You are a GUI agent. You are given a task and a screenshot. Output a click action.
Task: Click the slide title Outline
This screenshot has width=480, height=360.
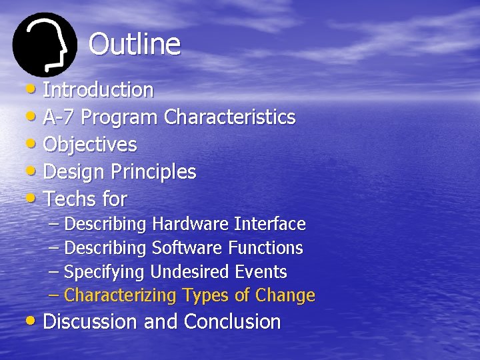(x=134, y=45)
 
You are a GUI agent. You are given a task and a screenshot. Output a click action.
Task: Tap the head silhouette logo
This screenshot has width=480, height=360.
(x=45, y=45)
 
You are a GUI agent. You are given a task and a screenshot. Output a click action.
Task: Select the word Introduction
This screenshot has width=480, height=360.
(x=98, y=89)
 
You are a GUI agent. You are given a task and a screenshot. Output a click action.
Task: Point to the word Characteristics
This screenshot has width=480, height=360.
(x=229, y=117)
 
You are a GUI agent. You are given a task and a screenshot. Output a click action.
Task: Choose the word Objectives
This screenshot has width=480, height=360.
(x=90, y=145)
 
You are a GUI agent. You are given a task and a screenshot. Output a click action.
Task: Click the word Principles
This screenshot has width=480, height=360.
(x=153, y=172)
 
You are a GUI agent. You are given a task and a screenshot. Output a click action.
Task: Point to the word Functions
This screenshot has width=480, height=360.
(x=265, y=248)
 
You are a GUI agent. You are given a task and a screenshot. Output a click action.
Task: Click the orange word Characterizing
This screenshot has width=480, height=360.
(x=121, y=295)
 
